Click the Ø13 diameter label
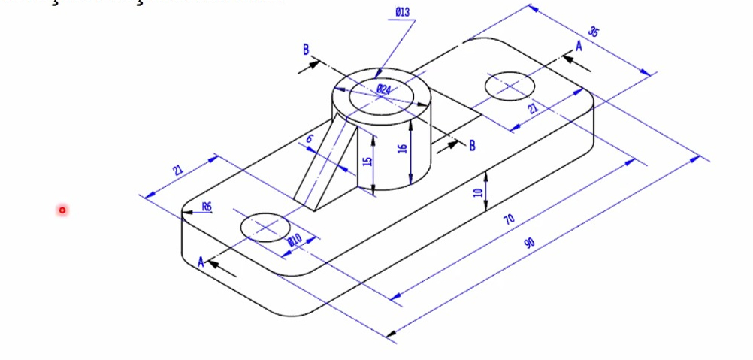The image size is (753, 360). click(x=402, y=12)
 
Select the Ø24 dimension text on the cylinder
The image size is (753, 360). click(x=383, y=89)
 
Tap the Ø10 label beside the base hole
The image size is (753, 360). click(x=295, y=240)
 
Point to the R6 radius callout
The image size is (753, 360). click(x=206, y=207)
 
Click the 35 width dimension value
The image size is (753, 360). click(x=594, y=32)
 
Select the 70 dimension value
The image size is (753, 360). click(x=509, y=219)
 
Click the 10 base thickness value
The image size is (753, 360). click(x=477, y=192)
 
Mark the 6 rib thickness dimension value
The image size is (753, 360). click(x=308, y=141)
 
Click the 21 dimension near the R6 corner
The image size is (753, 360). click(x=177, y=170)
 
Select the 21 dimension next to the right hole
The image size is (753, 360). click(x=533, y=108)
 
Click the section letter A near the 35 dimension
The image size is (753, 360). click(x=579, y=46)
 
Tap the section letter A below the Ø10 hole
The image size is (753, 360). click(x=201, y=262)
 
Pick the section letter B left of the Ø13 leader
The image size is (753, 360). click(x=306, y=50)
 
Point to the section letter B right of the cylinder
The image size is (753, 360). click(x=472, y=145)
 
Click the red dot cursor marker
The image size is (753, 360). click(x=62, y=210)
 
